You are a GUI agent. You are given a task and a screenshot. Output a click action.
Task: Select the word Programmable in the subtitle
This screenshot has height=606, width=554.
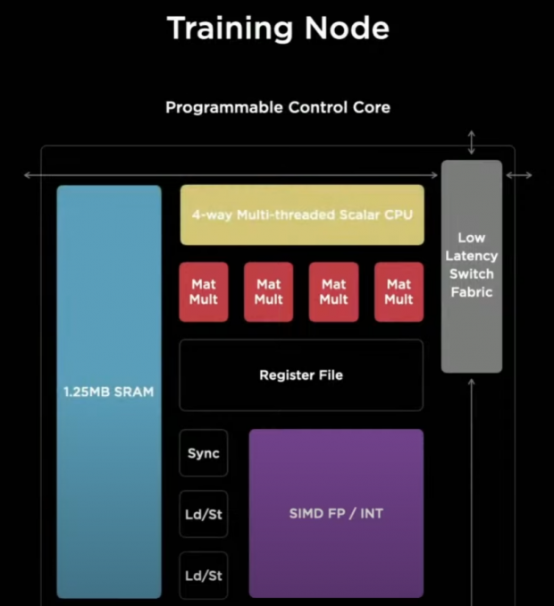tap(223, 107)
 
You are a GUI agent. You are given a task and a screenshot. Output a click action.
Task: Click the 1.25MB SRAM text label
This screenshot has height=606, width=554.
tap(109, 392)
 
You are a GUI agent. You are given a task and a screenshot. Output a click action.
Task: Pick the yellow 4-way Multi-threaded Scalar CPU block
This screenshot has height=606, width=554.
tap(302, 215)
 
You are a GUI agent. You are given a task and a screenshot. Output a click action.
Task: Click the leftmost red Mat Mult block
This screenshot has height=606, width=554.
tap(204, 292)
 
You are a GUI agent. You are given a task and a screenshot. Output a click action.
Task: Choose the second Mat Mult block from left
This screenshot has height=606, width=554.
tap(268, 292)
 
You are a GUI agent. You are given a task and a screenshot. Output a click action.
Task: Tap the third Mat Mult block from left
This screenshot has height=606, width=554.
tap(333, 292)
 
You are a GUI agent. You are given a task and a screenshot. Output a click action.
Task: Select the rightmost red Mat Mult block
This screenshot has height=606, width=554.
tap(399, 292)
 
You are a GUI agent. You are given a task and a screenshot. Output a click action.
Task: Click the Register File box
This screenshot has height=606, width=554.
tap(301, 375)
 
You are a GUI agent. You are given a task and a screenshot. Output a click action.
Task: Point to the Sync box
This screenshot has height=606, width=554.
tap(204, 453)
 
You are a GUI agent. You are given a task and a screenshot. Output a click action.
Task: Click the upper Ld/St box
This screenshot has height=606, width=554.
tap(204, 515)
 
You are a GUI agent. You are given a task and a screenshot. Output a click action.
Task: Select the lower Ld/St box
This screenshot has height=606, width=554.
tap(204, 576)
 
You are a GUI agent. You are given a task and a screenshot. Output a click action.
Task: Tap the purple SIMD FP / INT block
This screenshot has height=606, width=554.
tap(336, 513)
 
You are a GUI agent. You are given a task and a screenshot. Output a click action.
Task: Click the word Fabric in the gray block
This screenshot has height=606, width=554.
tap(472, 292)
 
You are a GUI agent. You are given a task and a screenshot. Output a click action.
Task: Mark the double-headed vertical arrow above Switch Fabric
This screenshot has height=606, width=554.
tap(472, 142)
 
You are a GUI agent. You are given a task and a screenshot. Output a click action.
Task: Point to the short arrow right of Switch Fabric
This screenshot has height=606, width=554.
tap(519, 175)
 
